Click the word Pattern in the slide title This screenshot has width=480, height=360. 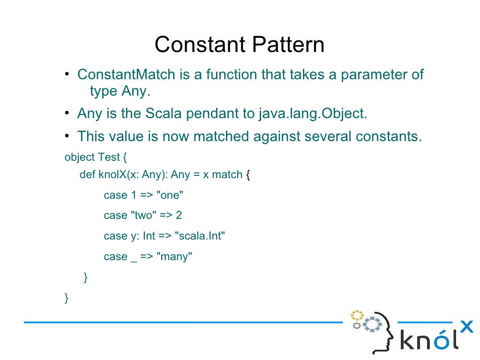[x=288, y=45]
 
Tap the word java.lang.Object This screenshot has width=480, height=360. [x=313, y=113]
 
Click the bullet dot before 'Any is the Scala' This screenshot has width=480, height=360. [x=67, y=113]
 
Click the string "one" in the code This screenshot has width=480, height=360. [x=169, y=195]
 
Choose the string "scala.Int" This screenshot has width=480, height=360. [x=200, y=236]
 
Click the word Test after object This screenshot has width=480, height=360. [x=109, y=157]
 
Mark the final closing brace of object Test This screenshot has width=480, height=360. [x=67, y=298]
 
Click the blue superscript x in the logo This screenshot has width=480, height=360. [x=466, y=326]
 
